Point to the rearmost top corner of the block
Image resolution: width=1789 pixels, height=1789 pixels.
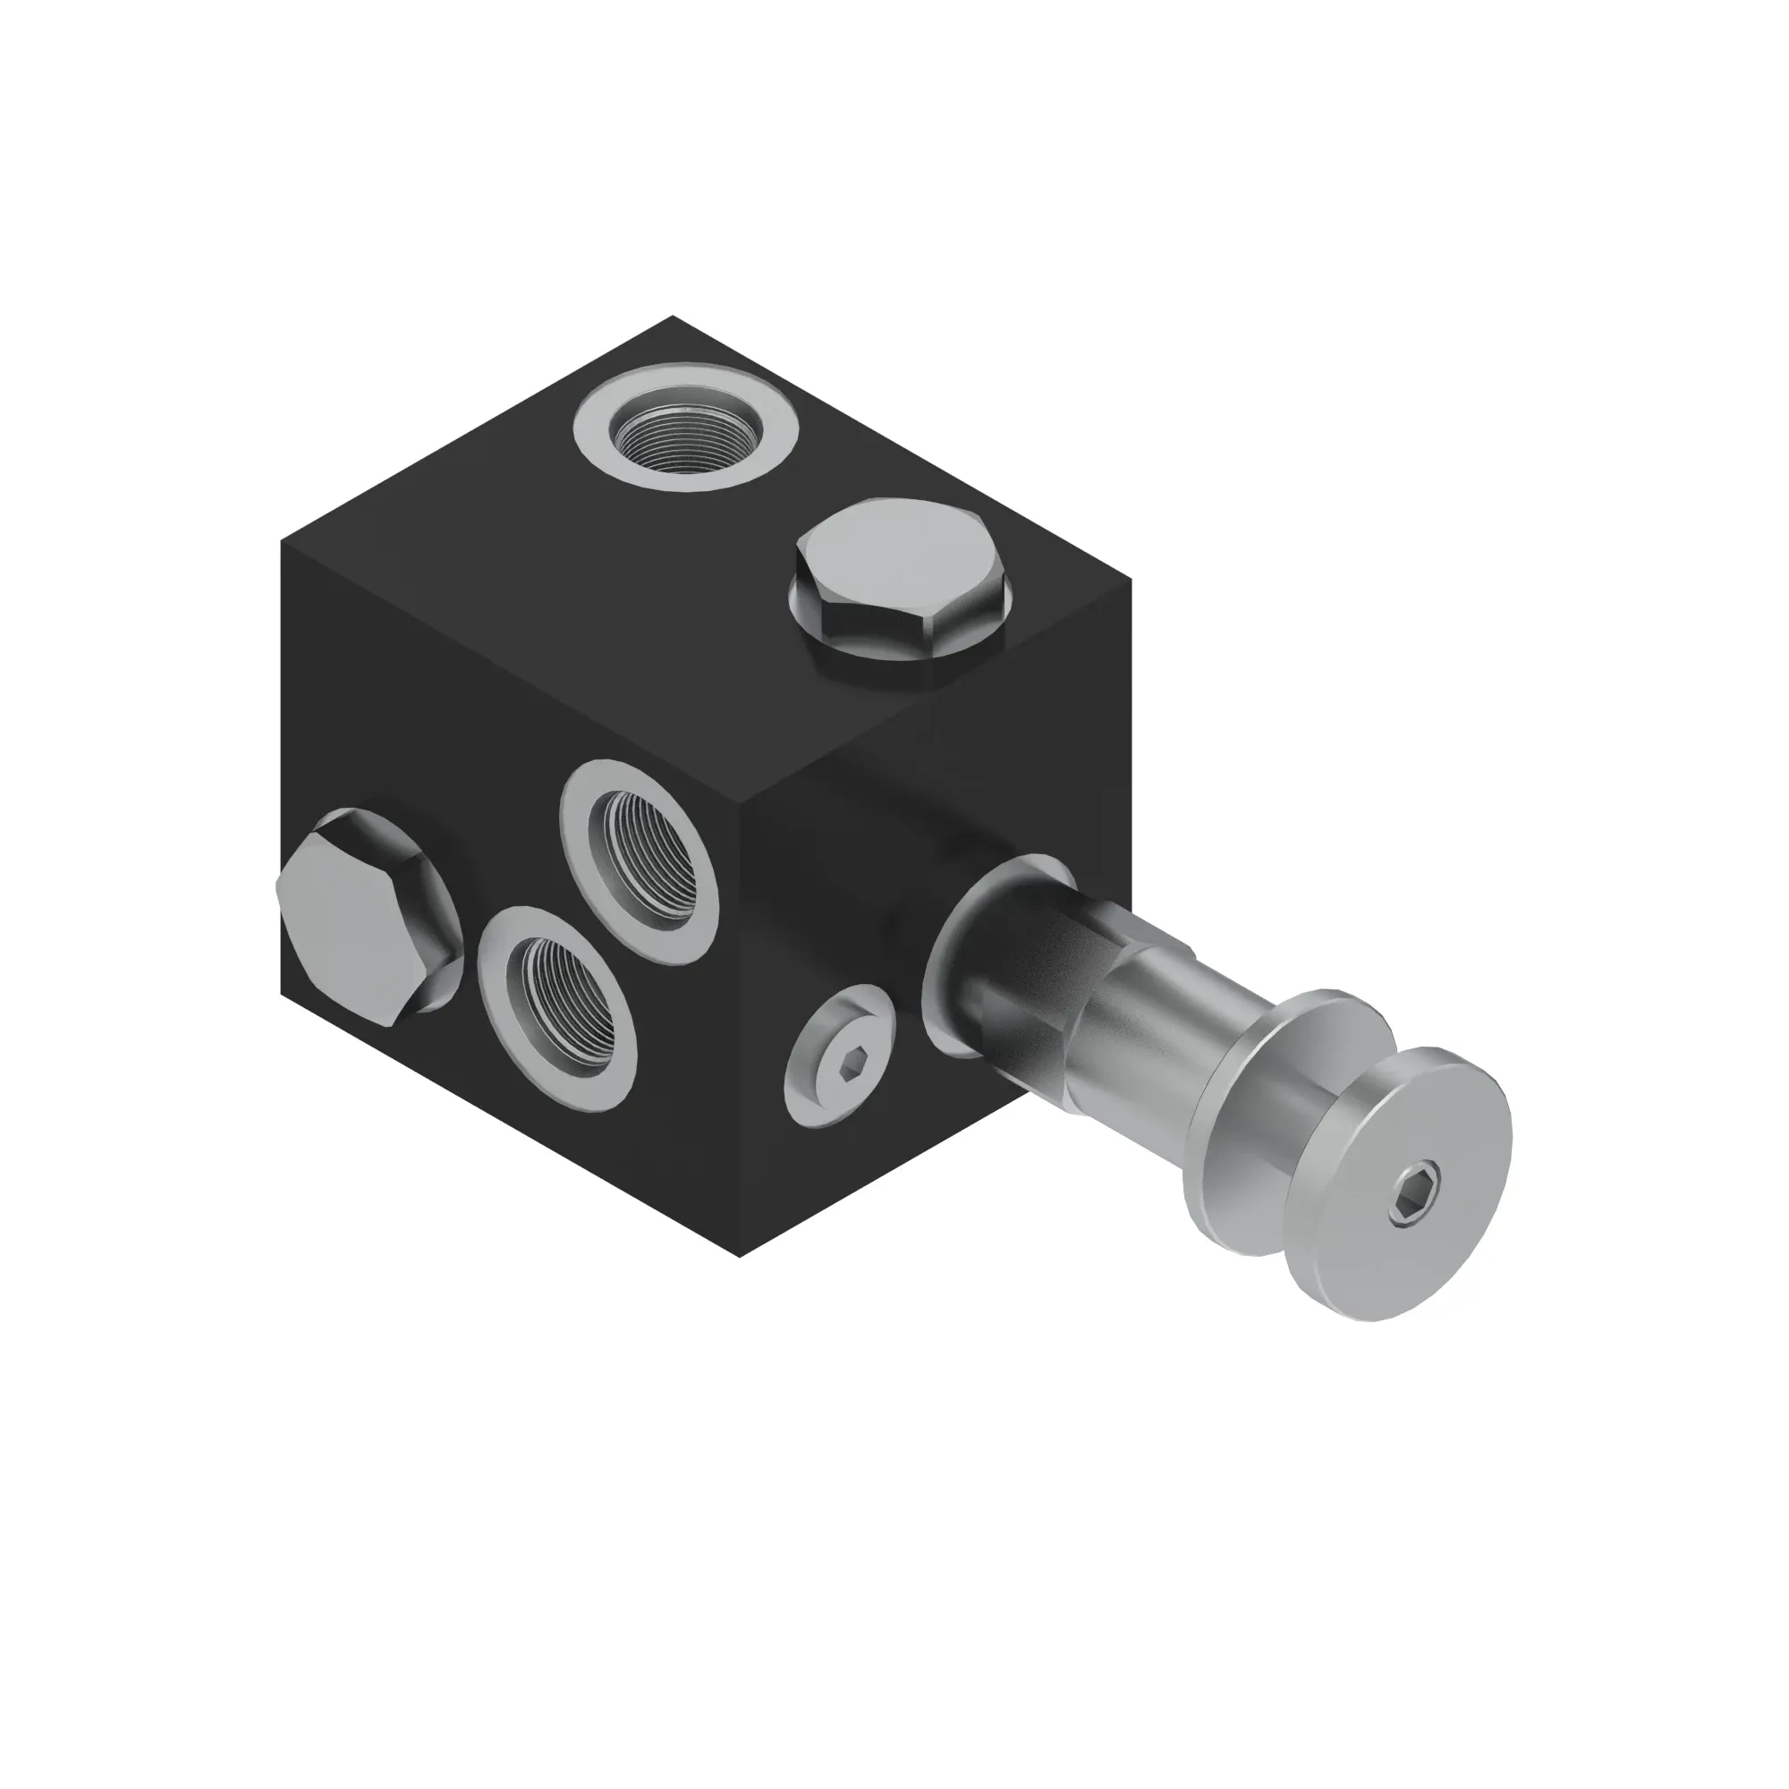pyautogui.click(x=674, y=318)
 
